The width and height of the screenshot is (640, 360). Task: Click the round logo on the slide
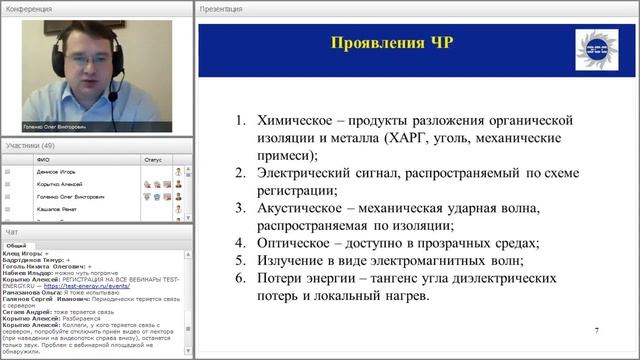coord(589,49)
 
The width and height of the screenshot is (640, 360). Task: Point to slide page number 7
coord(597,331)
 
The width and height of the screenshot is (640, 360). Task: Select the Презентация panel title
coord(222,8)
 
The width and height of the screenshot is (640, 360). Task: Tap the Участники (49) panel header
coord(31,146)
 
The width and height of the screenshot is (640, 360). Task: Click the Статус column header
coord(152,159)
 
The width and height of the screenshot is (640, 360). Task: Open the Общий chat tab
coord(16,245)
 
